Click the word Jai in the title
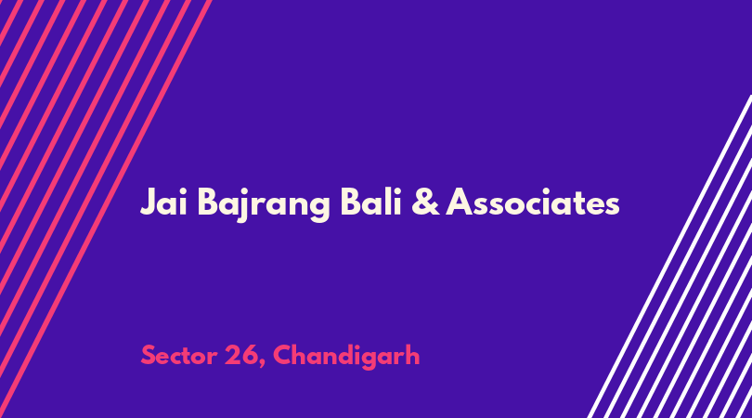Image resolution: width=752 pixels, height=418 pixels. coord(163,202)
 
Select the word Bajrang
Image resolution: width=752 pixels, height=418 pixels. coord(264,205)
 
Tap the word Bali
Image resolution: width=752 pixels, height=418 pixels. coord(370,202)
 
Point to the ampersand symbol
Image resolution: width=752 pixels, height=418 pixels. coord(425,202)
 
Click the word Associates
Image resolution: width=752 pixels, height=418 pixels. coord(533,202)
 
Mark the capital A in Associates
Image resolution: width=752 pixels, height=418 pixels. coord(460,202)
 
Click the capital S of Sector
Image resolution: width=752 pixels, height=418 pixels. coord(149,356)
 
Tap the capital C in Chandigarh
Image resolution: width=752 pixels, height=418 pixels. coord(283,356)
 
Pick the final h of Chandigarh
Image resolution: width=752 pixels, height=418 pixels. coord(412,355)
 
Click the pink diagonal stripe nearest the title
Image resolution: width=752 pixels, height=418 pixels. coord(106,209)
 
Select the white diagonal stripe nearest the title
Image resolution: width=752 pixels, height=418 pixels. coord(669,256)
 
